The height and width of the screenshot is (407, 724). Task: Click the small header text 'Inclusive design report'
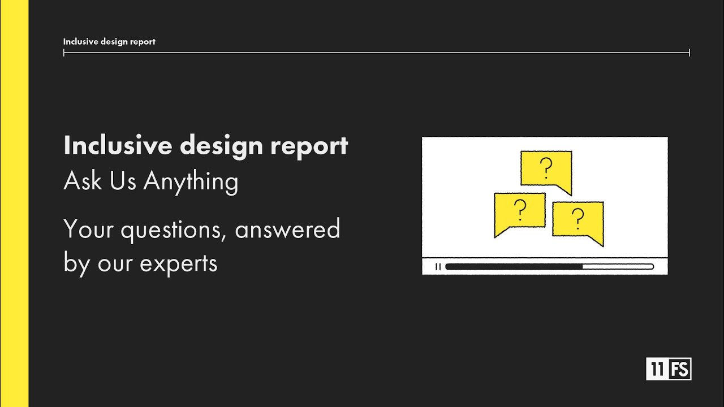109,42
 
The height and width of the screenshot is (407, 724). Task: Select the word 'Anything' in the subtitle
191,182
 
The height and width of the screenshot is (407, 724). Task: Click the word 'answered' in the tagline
287,230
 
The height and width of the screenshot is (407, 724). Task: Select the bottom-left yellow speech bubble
519,212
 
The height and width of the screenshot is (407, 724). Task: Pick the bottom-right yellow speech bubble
578,220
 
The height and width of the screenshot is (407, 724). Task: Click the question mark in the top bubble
546,168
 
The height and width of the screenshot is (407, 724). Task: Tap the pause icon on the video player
438,267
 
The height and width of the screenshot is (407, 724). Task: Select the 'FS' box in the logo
680,370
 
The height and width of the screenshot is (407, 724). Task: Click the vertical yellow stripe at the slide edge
14,203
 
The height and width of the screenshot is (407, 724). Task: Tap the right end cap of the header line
689,53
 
